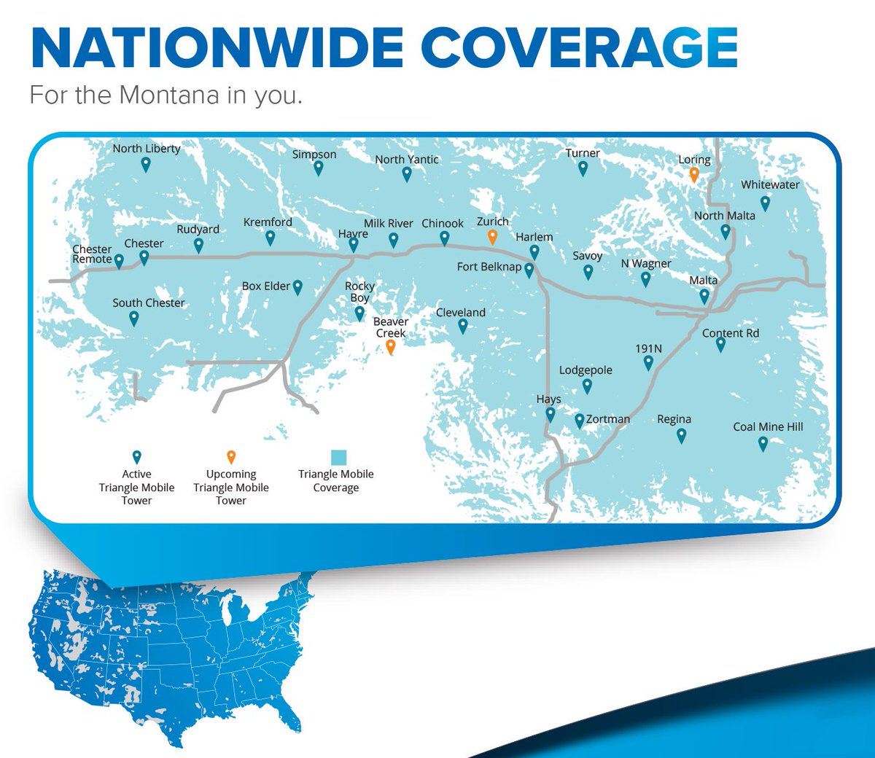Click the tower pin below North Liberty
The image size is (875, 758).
point(146,164)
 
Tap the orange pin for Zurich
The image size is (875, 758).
point(492,236)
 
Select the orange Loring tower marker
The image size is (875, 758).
point(694,174)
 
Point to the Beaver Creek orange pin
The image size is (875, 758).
point(391,347)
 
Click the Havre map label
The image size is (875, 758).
point(353,234)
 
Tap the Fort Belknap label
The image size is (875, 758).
point(489,267)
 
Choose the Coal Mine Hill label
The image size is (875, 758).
point(768,426)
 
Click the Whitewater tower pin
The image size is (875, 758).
point(765,203)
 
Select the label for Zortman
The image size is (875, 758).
point(608,419)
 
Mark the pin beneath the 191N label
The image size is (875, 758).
point(648,362)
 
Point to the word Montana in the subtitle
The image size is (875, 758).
point(169,95)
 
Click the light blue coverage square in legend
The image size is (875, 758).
point(338,458)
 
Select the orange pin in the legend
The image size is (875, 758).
point(231,457)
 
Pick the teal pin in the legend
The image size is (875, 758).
point(136,457)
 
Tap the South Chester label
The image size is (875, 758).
point(149,302)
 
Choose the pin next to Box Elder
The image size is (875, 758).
point(297,287)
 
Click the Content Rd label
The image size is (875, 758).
point(731,333)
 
